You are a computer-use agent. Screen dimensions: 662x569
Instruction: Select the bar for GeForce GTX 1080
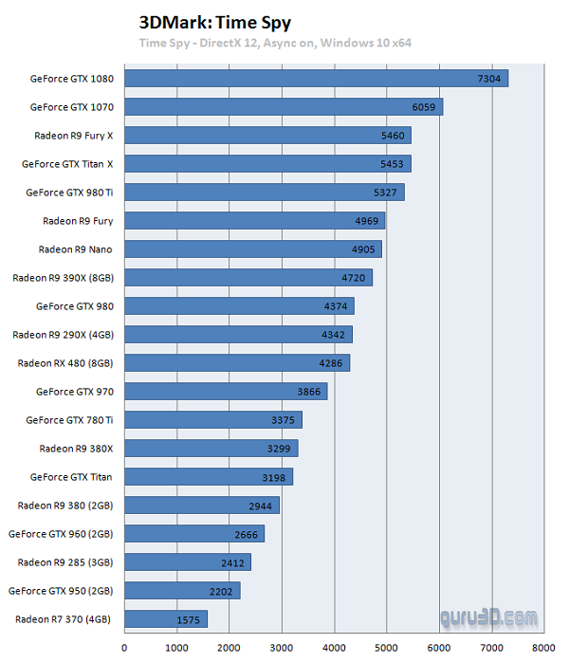coord(316,78)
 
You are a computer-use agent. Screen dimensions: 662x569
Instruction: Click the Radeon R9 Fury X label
coord(73,136)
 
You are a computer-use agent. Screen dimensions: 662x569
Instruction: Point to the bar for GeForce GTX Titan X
coord(267,163)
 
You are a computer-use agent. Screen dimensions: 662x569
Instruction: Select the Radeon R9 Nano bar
coord(252,249)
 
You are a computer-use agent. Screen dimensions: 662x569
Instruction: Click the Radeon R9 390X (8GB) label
coord(63,278)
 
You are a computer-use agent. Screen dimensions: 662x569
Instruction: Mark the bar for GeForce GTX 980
coord(239,305)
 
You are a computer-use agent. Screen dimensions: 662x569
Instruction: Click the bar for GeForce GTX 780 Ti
coord(212,419)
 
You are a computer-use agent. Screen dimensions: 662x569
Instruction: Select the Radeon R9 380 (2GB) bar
coord(202,506)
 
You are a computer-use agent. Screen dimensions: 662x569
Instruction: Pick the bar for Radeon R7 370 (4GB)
coord(165,619)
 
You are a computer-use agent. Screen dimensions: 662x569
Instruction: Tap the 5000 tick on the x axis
coord(385,649)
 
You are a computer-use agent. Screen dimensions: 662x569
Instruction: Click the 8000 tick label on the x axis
coord(542,649)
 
